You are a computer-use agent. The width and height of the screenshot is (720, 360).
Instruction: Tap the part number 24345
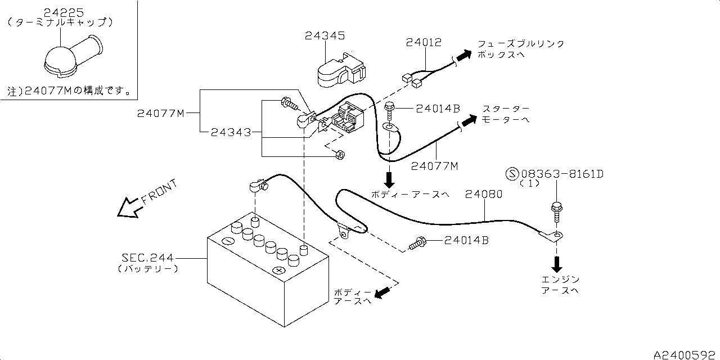pos(325,36)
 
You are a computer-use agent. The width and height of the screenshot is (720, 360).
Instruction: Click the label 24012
pos(424,42)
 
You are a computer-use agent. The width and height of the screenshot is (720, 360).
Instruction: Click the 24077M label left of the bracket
pos(160,114)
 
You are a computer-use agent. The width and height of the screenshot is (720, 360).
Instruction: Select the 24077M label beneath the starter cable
pos(434,165)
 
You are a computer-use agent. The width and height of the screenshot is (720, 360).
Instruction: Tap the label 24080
pos(483,194)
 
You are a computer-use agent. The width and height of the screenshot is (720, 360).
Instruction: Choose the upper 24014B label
pos(438,109)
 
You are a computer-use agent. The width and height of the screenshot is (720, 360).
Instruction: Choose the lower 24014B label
pos(466,240)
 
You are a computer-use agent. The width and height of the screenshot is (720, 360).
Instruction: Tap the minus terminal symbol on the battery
pos(228,241)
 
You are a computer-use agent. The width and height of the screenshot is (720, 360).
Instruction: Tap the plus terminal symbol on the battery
pos(278,270)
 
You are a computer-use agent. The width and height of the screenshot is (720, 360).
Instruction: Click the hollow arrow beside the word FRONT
pos(128,208)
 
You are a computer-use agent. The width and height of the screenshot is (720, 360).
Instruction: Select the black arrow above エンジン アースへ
pos(557,263)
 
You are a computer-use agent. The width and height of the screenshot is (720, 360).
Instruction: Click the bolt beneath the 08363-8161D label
pos(556,212)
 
